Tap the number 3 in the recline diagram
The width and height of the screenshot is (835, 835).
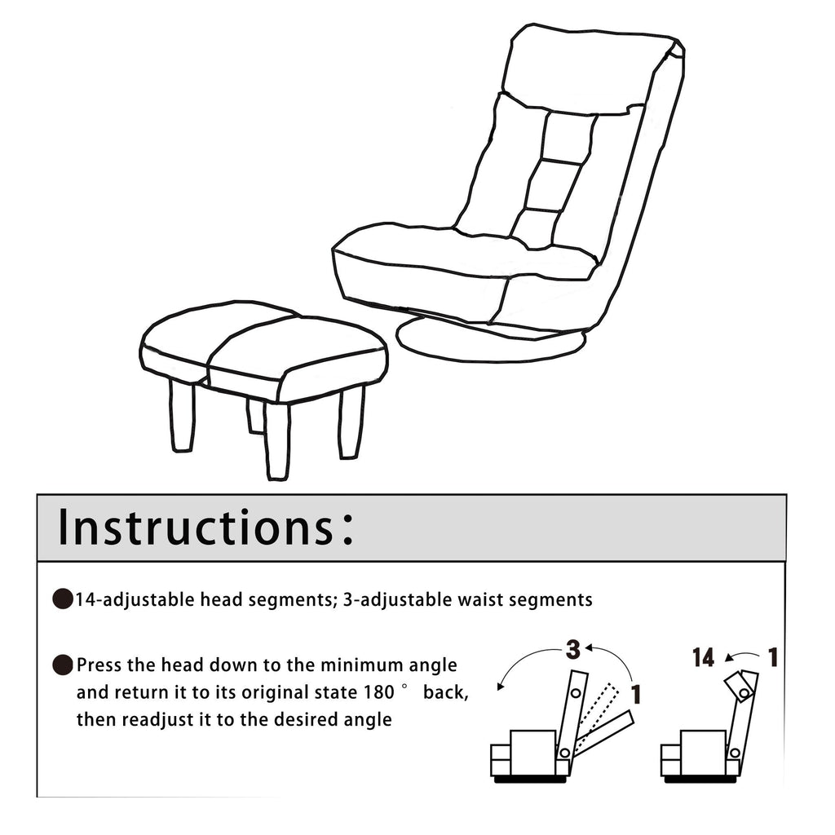573,650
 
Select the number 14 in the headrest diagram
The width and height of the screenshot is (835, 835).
703,657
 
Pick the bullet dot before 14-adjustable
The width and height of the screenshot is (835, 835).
63,601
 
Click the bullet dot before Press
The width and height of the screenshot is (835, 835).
63,665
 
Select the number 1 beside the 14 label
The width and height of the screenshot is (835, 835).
771,656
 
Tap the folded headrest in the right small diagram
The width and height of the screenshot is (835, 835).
740,686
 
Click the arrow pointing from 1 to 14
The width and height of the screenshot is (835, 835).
740,655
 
